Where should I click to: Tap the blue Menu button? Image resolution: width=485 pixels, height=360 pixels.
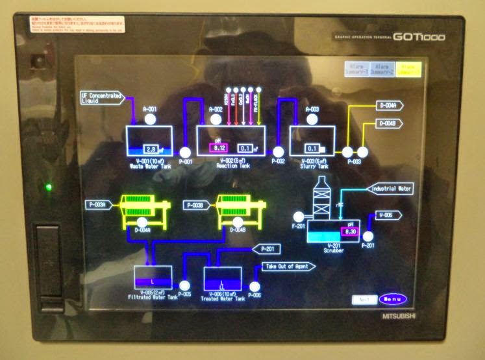(x=393, y=300)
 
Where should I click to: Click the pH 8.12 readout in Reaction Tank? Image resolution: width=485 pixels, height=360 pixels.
(x=218, y=148)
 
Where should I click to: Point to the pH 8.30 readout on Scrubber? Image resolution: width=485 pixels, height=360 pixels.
(x=351, y=230)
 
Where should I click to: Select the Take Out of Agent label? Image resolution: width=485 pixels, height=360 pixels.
(x=289, y=266)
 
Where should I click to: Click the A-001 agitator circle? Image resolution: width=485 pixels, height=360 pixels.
(x=150, y=119)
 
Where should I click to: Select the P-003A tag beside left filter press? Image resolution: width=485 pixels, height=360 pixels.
(x=99, y=205)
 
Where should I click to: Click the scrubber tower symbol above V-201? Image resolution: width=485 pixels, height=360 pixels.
(x=323, y=198)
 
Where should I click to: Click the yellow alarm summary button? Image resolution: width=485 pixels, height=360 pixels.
(x=409, y=68)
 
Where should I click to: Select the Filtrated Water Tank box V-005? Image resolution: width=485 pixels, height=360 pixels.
(x=153, y=278)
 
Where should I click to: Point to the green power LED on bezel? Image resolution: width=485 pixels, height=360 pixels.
(x=49, y=188)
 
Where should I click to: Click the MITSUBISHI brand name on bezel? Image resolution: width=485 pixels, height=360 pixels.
(x=397, y=316)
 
